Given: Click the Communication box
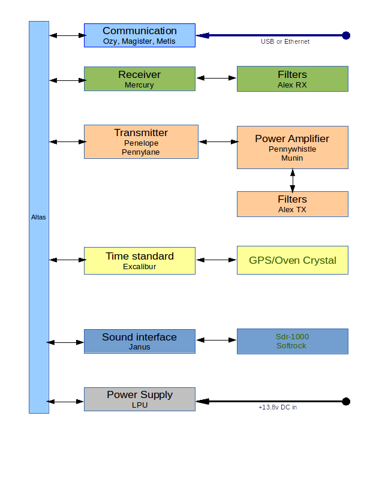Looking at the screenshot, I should (139, 35).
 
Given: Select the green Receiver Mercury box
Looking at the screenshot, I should (139, 79).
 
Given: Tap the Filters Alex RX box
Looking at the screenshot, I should (292, 79).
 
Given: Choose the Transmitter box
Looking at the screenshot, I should (140, 141).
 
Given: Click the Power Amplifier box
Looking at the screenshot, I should (292, 147).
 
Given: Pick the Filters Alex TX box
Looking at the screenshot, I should (292, 204).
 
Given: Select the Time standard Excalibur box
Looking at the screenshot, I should (139, 260).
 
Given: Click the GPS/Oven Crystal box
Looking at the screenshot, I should (292, 260).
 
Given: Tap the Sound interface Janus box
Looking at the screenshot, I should (139, 341).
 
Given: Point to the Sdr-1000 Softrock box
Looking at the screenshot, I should (292, 341).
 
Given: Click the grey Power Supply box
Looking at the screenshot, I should (139, 399).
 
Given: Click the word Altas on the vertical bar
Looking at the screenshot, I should (38, 217).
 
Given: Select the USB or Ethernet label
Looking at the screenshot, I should (285, 42).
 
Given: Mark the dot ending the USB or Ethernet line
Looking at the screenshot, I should (345, 35).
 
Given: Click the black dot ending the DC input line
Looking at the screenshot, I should (345, 401).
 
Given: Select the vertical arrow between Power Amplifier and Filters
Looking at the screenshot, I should (293, 180).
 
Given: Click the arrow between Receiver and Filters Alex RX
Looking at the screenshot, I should (216, 78).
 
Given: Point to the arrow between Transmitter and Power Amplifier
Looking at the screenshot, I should (218, 142).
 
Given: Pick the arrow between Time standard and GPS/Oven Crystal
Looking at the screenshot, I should (216, 260).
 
